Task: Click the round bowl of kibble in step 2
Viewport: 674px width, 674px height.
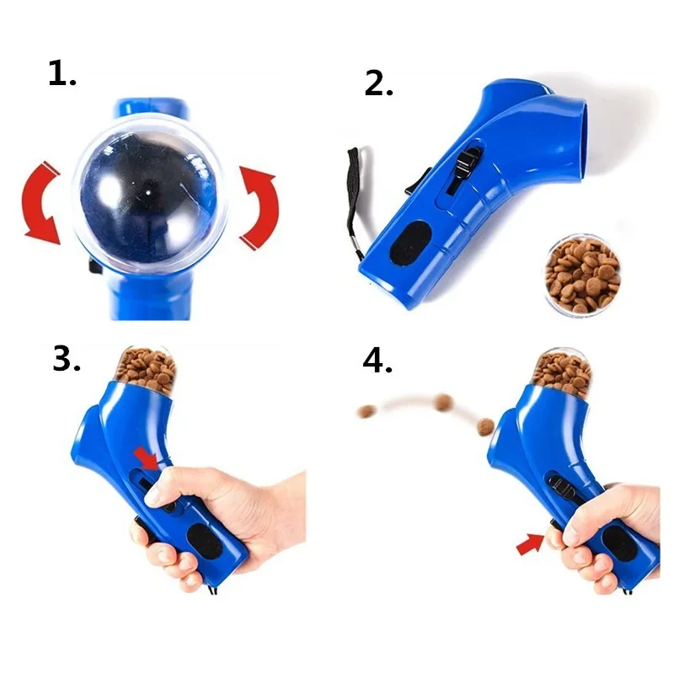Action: coord(582,275)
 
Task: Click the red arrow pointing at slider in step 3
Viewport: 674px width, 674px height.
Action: coord(147,457)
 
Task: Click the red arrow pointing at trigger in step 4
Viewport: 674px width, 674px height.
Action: coord(531,547)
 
